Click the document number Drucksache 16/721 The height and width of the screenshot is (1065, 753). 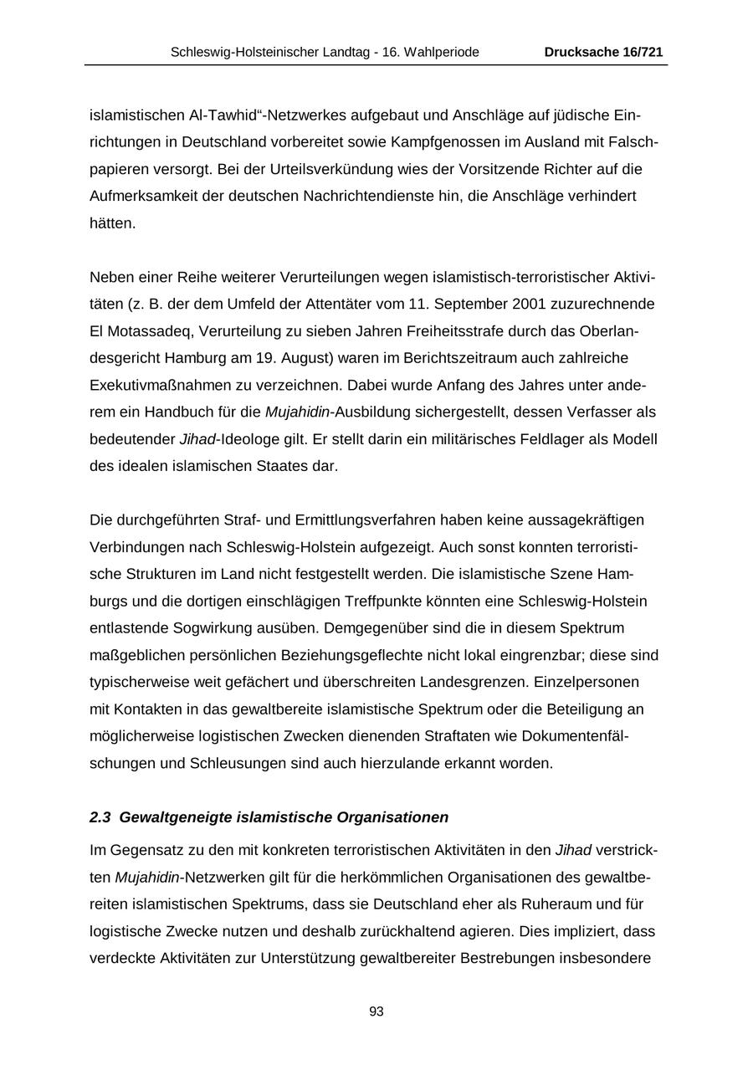tap(603, 52)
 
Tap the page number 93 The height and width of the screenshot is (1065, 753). tap(376, 1011)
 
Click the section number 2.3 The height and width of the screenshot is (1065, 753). tap(100, 817)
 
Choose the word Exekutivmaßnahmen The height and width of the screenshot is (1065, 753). tap(163, 385)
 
